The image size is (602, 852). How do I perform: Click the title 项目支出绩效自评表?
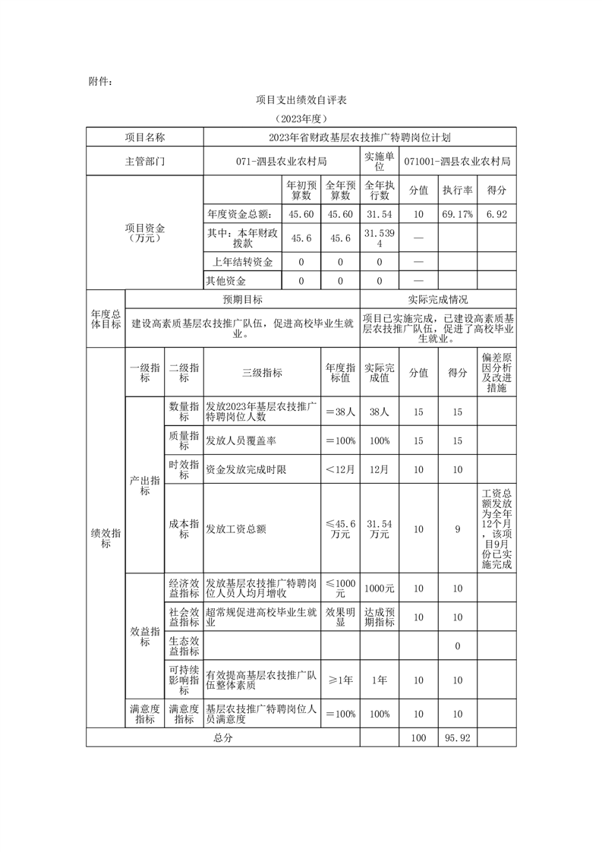pos(301,100)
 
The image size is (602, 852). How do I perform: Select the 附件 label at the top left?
pos(100,80)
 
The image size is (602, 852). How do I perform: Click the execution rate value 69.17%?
pos(458,215)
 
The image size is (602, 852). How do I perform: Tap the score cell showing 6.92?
pos(496,215)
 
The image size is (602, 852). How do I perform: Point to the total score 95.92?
pos(458,737)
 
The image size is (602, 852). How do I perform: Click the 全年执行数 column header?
pos(380,190)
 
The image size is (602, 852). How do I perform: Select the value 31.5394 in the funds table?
pos(380,238)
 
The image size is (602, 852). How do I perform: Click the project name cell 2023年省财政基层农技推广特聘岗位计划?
pos(360,137)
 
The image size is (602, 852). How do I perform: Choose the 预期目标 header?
pos(242,300)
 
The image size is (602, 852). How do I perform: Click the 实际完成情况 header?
pos(438,300)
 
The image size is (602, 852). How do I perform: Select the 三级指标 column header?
pos(263,373)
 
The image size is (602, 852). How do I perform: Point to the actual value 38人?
pos(380,412)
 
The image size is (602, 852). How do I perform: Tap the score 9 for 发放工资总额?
pos(458,529)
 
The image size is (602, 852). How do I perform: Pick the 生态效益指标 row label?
pos(184,646)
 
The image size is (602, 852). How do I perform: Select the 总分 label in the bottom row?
pos(222,737)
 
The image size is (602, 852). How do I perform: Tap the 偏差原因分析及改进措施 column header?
pos(496,373)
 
